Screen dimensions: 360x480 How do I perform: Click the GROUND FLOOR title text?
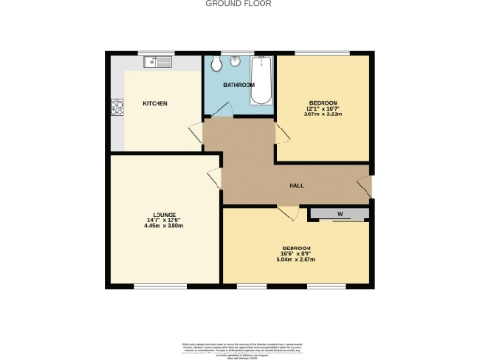tap(239, 3)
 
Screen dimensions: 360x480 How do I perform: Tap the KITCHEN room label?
tap(155, 103)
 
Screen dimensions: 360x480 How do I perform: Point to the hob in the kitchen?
tap(117, 108)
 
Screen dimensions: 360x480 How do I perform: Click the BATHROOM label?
tap(238, 85)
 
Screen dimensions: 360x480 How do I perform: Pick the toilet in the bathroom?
tap(217, 64)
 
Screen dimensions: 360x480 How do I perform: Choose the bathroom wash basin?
tap(236, 63)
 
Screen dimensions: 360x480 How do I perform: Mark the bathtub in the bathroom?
tap(262, 82)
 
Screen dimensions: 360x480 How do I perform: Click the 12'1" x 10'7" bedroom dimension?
tap(323, 108)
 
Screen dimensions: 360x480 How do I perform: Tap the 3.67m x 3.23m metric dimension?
tap(323, 113)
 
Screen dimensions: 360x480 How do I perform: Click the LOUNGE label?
tap(155, 214)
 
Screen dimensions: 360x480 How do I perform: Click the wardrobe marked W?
tap(339, 215)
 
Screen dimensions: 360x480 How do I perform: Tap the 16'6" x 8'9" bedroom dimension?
tap(296, 253)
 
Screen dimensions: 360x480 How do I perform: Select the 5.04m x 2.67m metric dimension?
tap(296, 259)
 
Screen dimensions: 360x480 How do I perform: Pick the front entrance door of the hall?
tap(366, 185)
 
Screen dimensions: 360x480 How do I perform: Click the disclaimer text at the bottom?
tap(239, 346)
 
